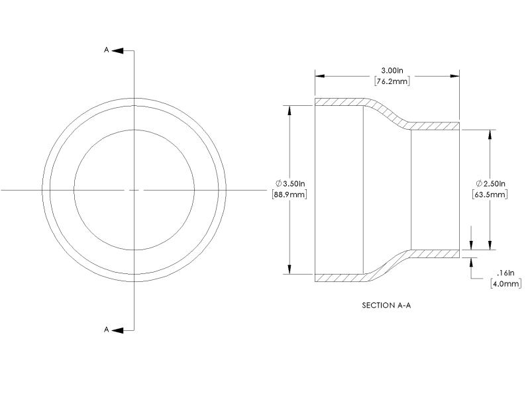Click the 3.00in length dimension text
click(392, 71)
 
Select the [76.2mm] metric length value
click(392, 81)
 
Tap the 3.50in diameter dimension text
click(294, 184)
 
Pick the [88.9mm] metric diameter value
click(290, 195)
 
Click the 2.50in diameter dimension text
click(494, 184)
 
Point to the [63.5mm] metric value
click(490, 195)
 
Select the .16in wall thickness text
click(505, 273)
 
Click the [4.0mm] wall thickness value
click(505, 284)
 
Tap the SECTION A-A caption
click(386, 305)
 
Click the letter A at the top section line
click(107, 50)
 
